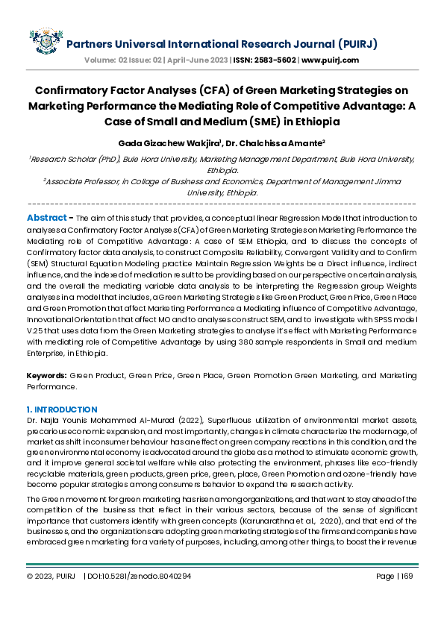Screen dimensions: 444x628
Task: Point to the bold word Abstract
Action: (x=46, y=217)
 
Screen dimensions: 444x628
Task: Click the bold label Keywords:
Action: (x=46, y=376)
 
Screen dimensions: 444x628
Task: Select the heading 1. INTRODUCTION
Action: (x=62, y=409)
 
